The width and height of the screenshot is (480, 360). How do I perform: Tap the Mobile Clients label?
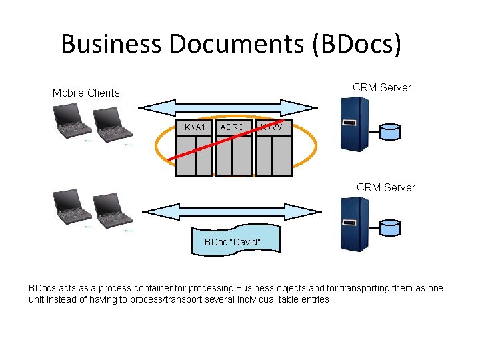[x=86, y=93]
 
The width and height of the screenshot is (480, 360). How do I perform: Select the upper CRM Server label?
[x=382, y=87]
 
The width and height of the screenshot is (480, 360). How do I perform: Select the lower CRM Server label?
[x=385, y=187]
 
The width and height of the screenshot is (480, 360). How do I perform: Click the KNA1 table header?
[x=194, y=127]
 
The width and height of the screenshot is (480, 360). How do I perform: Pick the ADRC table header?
[x=232, y=127]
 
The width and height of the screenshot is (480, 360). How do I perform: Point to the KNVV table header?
[x=274, y=127]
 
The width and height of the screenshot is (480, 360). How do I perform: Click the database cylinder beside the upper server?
[x=389, y=131]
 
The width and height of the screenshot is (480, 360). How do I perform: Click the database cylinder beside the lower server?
[x=389, y=227]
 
